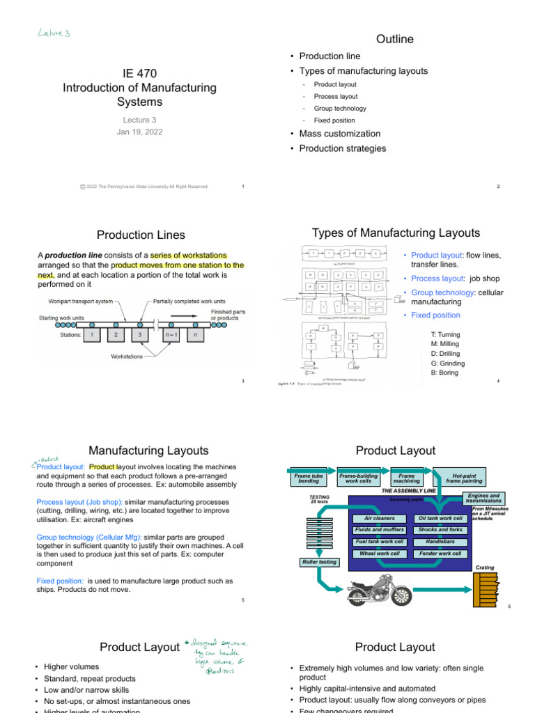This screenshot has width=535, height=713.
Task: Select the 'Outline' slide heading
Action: (394, 39)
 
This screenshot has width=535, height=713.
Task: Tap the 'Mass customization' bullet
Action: (340, 134)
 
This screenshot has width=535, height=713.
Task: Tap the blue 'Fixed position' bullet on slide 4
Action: (435, 315)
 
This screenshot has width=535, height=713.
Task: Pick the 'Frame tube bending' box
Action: (309, 478)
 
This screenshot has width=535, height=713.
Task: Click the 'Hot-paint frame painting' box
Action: (458, 478)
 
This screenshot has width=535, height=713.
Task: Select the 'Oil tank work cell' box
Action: (440, 518)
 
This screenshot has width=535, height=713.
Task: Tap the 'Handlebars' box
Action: (440, 541)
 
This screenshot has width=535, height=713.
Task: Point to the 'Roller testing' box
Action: (318, 562)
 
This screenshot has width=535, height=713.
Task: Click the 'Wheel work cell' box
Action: (379, 554)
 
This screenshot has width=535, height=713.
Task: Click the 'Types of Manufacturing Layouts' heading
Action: (396, 233)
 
